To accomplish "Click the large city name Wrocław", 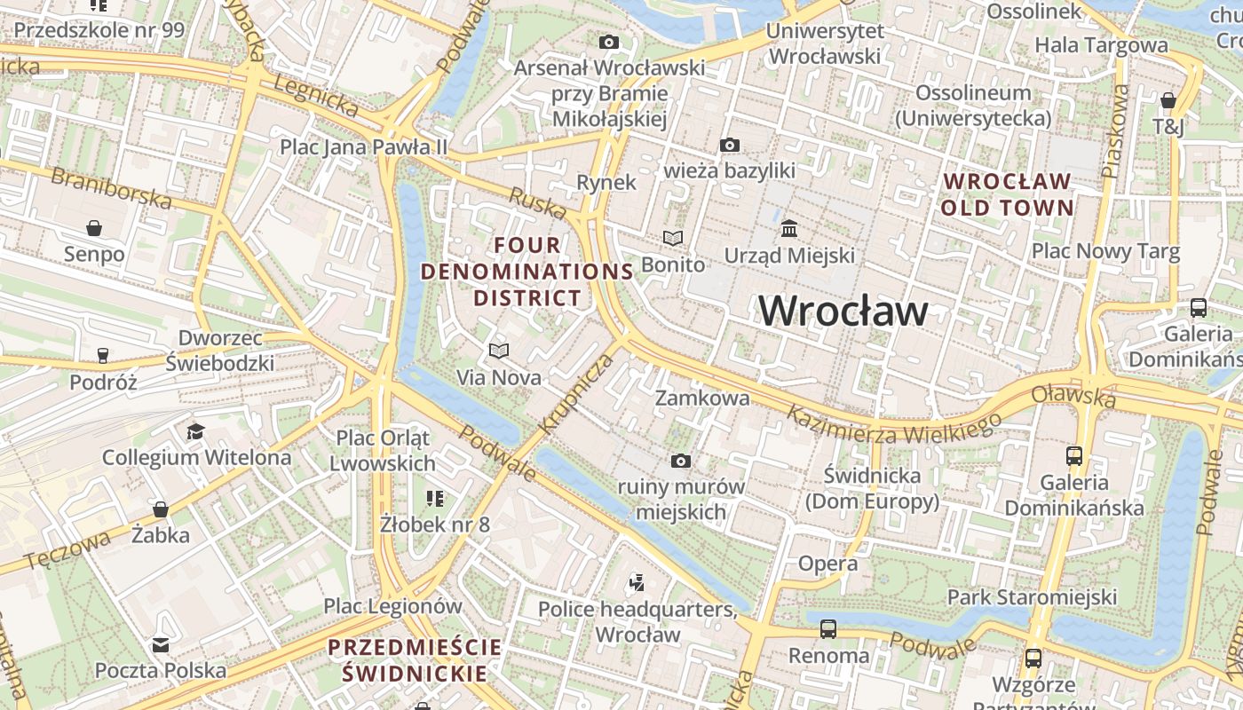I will point(843,311).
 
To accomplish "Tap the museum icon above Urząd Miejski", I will point(789,229).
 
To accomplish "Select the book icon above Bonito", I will point(674,238).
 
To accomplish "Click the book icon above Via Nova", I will point(499,351).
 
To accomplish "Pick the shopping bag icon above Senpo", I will point(94,228).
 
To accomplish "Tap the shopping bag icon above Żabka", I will point(161,509).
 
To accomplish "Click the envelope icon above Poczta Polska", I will point(161,644).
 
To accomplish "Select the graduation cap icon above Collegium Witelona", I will point(195,431).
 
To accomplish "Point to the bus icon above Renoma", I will point(828,629).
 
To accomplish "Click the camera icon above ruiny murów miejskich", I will point(681,461).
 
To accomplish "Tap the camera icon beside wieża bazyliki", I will point(730,145).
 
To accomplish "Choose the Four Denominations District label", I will point(526,271).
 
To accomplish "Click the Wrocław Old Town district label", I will point(1008,194).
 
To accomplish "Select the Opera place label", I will point(827,564).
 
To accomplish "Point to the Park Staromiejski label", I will point(1031,596).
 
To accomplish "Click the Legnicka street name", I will point(316,95).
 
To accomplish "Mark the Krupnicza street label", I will point(575,393).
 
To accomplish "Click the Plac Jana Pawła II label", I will point(364,146).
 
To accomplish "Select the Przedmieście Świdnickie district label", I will point(416,659).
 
